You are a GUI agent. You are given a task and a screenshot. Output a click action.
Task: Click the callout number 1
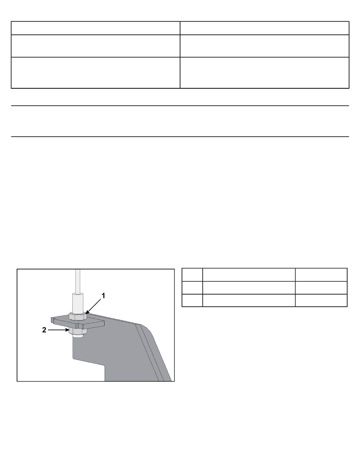103,296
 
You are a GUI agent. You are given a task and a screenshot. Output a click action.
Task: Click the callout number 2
44,330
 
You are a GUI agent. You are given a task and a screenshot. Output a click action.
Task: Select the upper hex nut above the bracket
78,316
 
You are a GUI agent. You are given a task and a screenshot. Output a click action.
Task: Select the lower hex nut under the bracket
78,331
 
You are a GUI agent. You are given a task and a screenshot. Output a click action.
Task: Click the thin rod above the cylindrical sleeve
78,281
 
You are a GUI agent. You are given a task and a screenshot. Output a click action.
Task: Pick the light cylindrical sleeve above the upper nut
78,303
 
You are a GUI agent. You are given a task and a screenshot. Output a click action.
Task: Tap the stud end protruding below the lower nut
78,335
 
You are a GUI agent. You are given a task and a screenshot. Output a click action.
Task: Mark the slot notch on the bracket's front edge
78,326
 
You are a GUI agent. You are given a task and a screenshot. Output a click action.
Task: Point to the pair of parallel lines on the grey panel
150,353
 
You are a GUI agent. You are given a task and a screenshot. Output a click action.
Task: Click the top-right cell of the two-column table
265,28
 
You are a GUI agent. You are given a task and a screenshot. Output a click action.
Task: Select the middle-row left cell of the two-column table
95,46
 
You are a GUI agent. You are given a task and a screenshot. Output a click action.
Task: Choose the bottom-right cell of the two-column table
265,73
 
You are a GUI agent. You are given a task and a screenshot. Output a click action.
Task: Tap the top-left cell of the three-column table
192,275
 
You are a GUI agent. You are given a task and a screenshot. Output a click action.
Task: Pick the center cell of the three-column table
249,288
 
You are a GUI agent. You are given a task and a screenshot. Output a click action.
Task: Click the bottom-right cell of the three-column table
321,301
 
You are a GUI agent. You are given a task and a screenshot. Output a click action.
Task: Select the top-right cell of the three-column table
321,275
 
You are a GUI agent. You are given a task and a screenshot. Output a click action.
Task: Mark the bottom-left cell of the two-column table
95,73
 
